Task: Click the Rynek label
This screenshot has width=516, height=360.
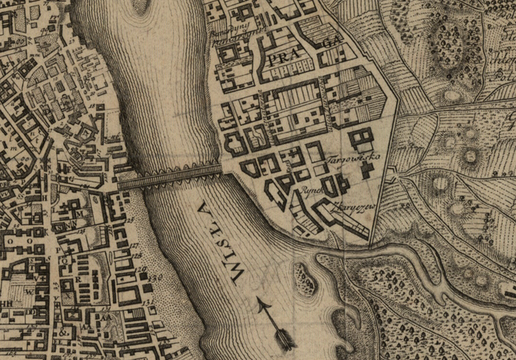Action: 304,190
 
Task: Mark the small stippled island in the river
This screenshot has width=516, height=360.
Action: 310,273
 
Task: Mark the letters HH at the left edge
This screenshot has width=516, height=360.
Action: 8,302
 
